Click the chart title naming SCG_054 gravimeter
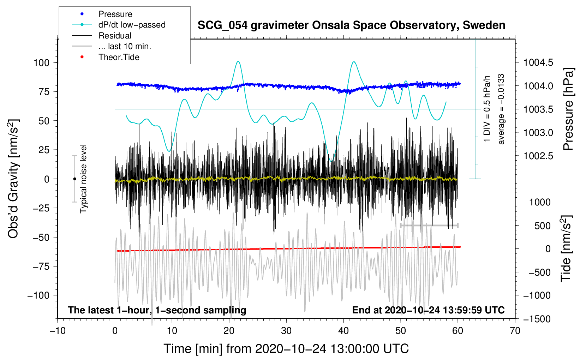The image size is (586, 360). tap(351, 25)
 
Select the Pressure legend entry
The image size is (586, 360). tap(115, 14)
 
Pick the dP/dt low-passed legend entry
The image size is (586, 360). tap(132, 25)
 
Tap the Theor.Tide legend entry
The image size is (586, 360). tap(119, 57)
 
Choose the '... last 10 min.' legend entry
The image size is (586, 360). tap(125, 46)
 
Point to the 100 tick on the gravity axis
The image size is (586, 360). tap(41, 62)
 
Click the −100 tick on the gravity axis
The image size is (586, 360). tap(38, 295)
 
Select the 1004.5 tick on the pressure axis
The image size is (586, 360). tap(538, 62)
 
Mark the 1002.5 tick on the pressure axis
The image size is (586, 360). tap(538, 156)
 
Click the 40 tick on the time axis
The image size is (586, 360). tap(343, 331)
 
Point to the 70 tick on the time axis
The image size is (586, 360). tap(515, 331)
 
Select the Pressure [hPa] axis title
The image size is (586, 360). tap(568, 109)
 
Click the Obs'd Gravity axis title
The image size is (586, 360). tap(13, 179)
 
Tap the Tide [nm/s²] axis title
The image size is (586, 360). tap(566, 249)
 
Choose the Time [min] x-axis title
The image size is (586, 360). tap(286, 349)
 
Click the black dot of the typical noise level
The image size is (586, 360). tap(74, 179)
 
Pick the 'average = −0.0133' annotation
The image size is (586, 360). tap(501, 109)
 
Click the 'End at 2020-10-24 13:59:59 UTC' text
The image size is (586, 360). tap(428, 310)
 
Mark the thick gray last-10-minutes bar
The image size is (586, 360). tap(429, 225)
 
